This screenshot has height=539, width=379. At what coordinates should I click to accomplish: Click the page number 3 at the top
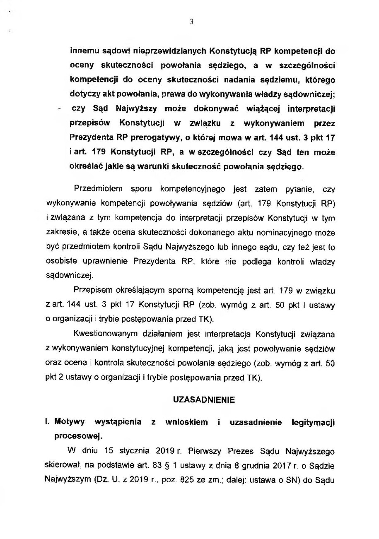coord(192,22)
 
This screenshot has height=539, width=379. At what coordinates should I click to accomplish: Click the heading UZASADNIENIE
coord(203,400)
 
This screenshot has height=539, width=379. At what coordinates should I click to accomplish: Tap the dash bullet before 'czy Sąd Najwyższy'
coord(60,109)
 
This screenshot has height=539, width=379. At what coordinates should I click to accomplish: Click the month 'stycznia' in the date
coord(125,450)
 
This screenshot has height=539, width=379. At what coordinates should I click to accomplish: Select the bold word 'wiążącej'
coord(251,109)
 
